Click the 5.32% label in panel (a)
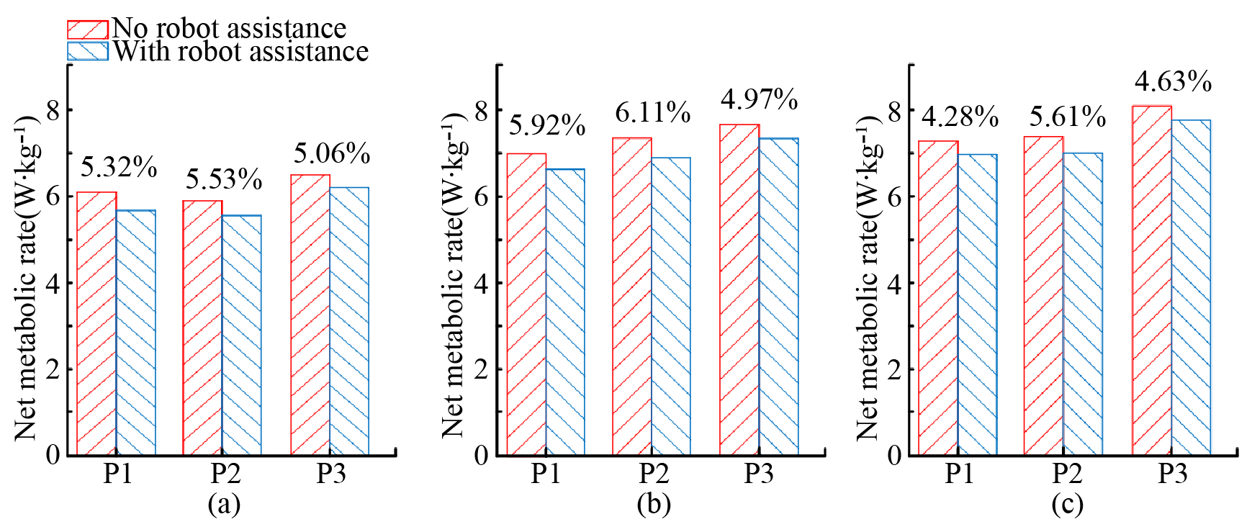coord(119,168)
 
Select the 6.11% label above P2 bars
coord(653,113)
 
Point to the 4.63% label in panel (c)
coord(1174,81)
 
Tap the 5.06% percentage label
coord(332,153)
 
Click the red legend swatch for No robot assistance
coord(87,30)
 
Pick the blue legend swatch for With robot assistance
coord(87,51)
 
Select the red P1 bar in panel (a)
coord(96,324)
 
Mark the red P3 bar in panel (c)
coord(1152,281)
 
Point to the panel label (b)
coord(654,504)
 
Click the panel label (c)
coord(1067,504)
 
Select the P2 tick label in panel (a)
coord(225,474)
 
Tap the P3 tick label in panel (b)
coord(759,474)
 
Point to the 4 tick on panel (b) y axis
coord(481,283)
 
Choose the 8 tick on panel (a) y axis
coord(53,110)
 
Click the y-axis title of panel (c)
coord(868,277)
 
